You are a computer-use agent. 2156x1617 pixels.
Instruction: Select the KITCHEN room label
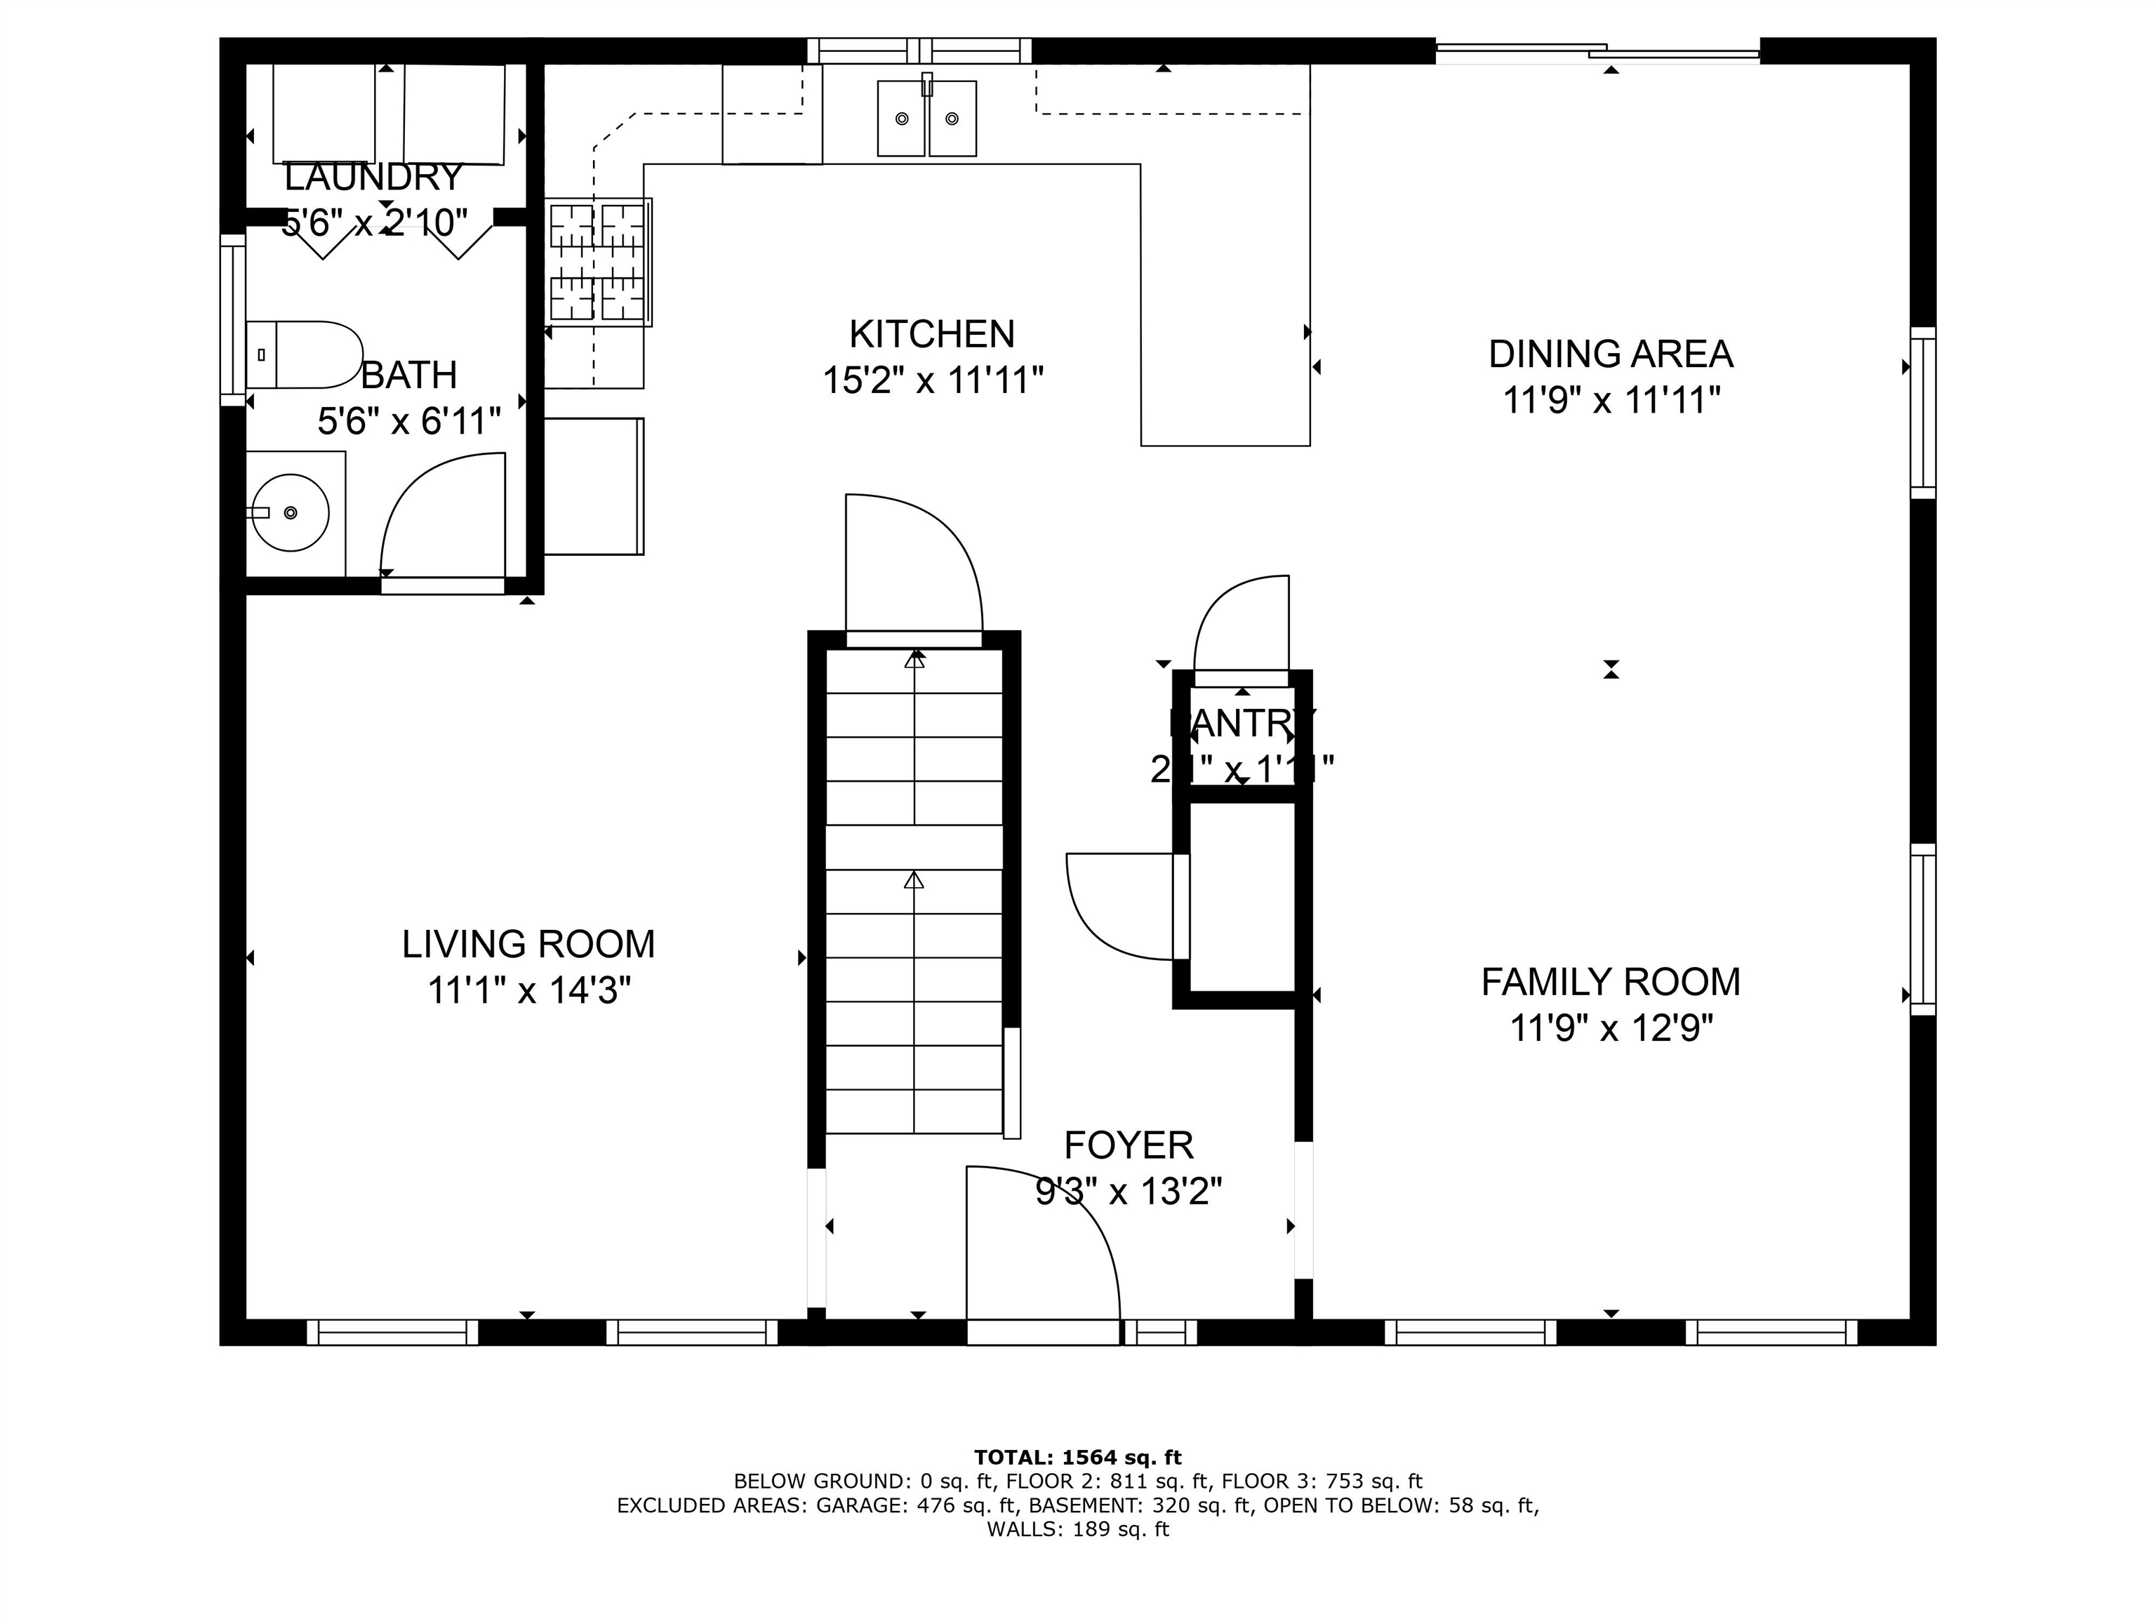point(932,334)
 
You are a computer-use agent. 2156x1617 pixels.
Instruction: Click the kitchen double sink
point(926,119)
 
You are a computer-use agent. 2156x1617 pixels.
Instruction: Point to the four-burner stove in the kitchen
point(597,261)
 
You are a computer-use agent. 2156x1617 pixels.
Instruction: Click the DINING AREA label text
point(1610,354)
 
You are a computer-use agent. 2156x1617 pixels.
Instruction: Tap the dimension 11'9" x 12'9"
point(1610,1027)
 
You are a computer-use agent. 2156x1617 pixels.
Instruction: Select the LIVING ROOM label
point(528,943)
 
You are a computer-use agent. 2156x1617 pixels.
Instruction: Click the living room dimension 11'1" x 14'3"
point(528,991)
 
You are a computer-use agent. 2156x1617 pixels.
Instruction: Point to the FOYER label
point(1128,1144)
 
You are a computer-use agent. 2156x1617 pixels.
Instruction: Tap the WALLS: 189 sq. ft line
point(1077,1529)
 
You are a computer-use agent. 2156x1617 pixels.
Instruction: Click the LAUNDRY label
point(373,178)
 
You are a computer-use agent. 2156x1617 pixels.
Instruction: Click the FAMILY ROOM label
point(1610,982)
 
